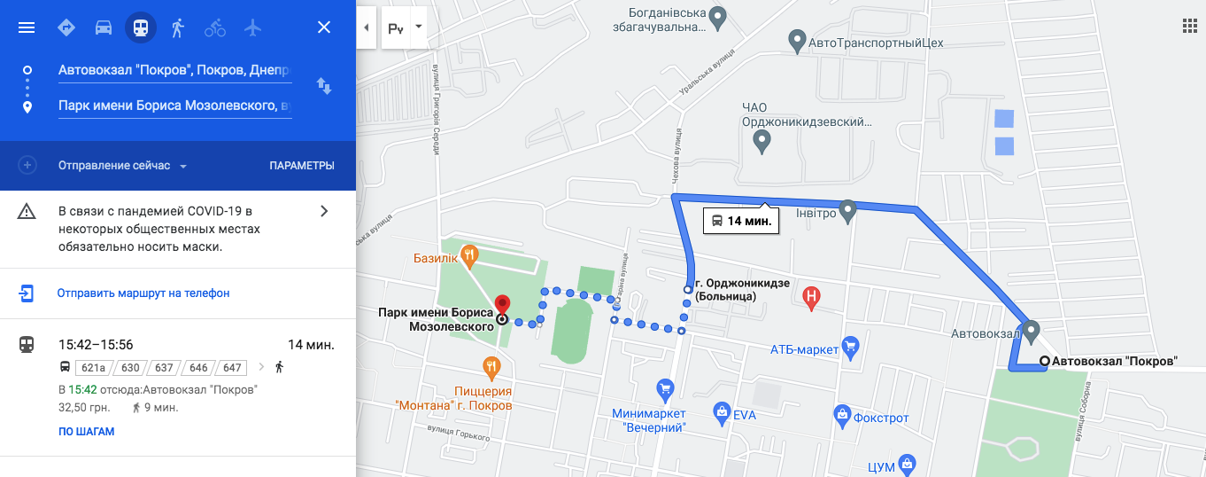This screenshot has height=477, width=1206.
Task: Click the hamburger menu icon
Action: tap(27, 27)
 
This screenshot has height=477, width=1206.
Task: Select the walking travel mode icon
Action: tap(178, 27)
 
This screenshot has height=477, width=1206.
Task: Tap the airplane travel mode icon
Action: tap(253, 27)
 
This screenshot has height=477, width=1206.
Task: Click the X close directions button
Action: tap(324, 27)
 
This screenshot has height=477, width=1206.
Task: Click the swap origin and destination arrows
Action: tap(324, 86)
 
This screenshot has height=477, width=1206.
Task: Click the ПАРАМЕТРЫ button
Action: tap(302, 166)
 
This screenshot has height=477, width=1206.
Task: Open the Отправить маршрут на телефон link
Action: tap(143, 293)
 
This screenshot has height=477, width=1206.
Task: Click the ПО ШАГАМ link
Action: tap(87, 432)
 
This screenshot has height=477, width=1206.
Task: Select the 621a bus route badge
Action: tap(92, 367)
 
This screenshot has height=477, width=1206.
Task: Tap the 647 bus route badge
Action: tap(232, 367)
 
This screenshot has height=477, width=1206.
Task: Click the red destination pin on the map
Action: tap(502, 305)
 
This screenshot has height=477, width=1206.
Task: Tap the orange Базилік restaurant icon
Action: tap(469, 257)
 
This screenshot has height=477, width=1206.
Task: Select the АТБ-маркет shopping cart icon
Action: tap(850, 346)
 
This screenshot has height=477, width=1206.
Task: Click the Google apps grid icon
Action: tap(1189, 26)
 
